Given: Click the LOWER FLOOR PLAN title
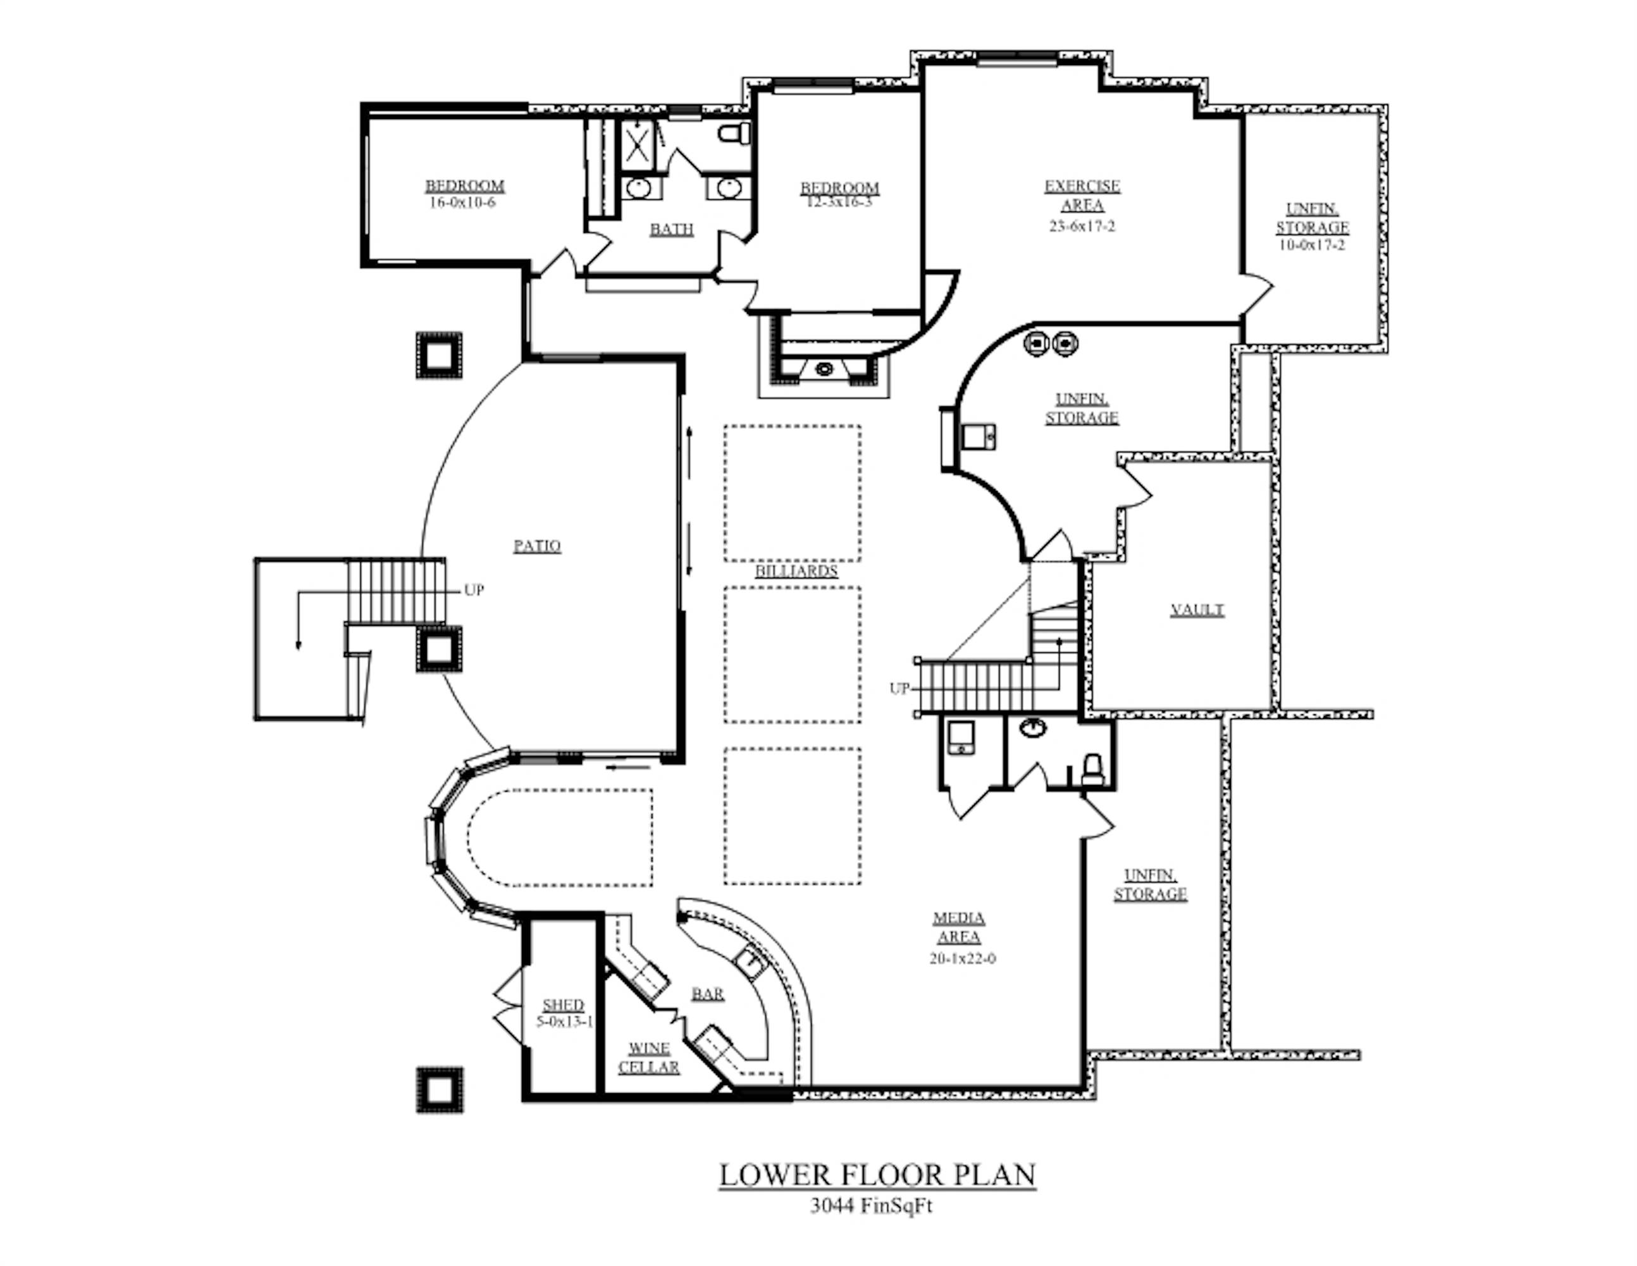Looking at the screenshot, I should click(877, 1174).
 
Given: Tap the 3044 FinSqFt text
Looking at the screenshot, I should click(871, 1206).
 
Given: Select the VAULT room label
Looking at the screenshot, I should click(1197, 610).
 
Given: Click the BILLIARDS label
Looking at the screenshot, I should click(796, 572).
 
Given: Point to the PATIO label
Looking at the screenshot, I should click(536, 546).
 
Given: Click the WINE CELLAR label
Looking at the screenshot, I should click(648, 1058).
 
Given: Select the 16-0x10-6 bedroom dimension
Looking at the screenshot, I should click(462, 203).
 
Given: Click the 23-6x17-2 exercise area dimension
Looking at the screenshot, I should click(1082, 226).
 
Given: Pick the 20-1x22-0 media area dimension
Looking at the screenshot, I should click(963, 958).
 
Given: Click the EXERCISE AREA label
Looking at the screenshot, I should click(1082, 195).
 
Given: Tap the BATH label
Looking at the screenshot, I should click(672, 230).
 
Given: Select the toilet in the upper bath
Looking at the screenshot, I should click(734, 134).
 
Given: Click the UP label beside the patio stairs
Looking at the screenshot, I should click(474, 590).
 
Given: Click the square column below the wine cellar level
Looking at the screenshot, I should click(439, 1090).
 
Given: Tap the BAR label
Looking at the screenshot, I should click(708, 994).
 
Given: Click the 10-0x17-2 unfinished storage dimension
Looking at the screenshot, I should click(1312, 245).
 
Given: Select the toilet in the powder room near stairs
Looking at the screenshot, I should click(1093, 768).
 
